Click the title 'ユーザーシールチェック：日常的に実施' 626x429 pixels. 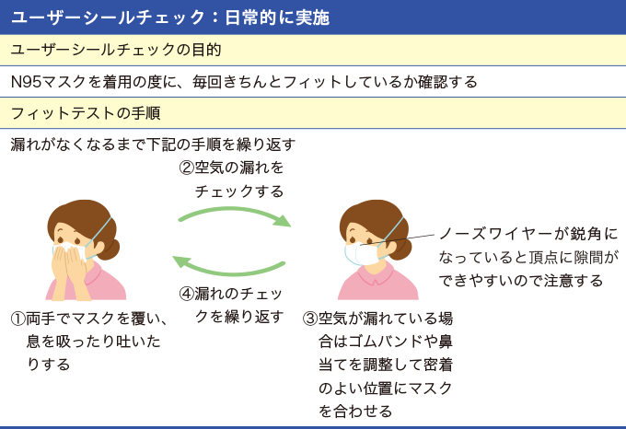click(x=169, y=17)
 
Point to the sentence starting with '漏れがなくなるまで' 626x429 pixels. click(x=153, y=145)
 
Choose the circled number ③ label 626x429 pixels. click(x=310, y=319)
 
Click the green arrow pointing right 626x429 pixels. click(x=235, y=217)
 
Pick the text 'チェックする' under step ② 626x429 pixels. click(x=239, y=191)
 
